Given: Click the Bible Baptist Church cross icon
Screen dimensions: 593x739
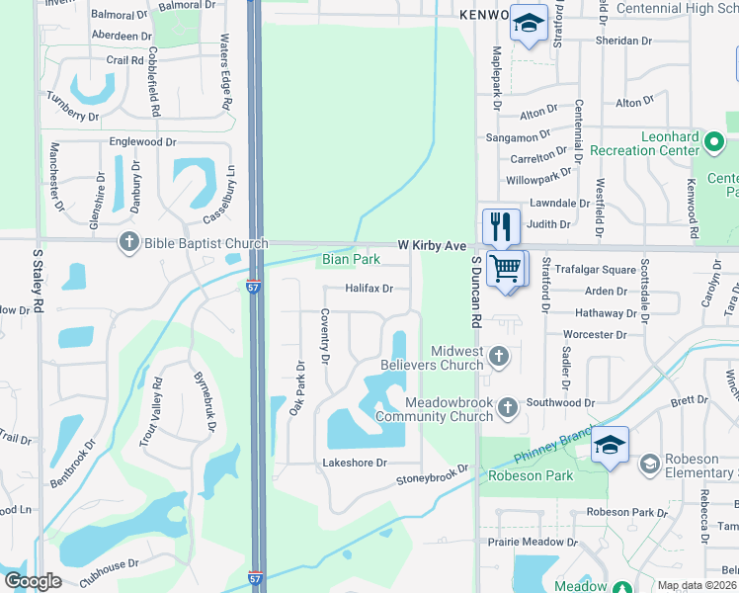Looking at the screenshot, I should tap(128, 242).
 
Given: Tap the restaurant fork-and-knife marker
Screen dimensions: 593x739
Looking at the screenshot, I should tap(501, 226).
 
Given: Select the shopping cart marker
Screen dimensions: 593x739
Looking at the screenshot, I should tap(506, 268).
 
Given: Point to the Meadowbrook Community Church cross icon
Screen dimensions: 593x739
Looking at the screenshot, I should tap(508, 406).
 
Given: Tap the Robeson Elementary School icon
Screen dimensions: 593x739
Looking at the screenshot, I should tap(649, 464).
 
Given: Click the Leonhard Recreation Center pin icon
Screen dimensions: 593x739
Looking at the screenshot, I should tap(714, 145).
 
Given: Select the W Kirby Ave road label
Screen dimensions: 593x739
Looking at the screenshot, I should tap(432, 244).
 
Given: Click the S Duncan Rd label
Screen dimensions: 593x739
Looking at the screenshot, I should tap(476, 292).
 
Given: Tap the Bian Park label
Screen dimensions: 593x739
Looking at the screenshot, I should tap(351, 260).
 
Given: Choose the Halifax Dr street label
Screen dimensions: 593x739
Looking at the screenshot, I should tap(369, 289).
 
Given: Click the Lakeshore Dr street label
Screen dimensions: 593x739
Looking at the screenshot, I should tap(355, 463).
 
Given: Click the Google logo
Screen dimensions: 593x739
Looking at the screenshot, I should tap(33, 581).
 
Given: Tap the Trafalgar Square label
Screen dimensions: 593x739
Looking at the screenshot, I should tap(597, 270).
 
